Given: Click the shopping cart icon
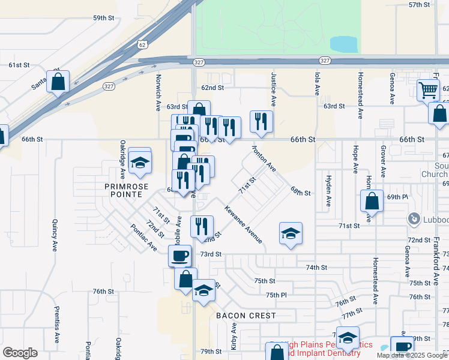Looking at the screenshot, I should tap(429, 90).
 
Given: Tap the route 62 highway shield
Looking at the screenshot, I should tap(141, 44).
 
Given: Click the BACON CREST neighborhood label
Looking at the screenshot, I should tap(246, 316).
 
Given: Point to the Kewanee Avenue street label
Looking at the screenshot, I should tap(244, 224).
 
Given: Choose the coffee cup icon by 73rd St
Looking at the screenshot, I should tap(180, 256).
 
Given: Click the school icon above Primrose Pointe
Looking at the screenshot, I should tap(140, 162).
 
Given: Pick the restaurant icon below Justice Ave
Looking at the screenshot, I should tap(261, 122).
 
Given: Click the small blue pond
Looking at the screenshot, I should tap(344, 44).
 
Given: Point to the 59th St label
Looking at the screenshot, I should tap(103, 18).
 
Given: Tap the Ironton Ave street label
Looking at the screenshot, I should tap(264, 158).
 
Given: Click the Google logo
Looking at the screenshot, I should tap(20, 353).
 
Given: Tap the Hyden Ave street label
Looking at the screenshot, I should tap(328, 191).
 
